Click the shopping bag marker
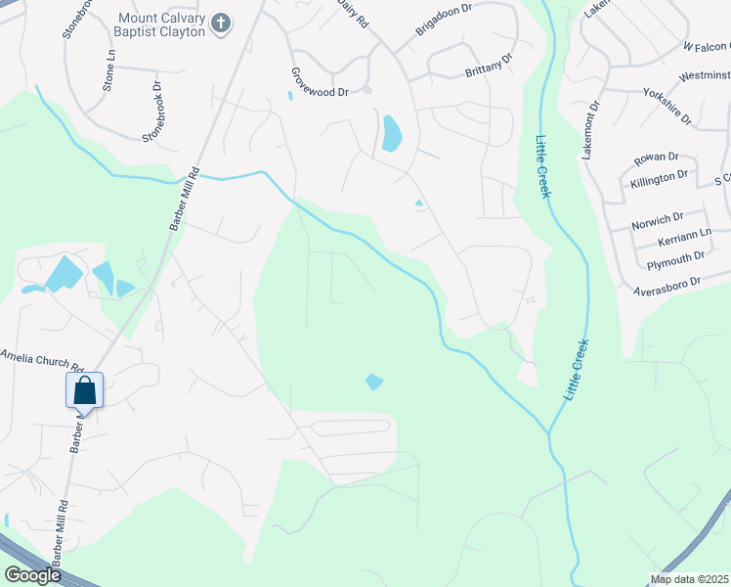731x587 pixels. click(85, 391)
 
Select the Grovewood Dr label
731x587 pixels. click(319, 82)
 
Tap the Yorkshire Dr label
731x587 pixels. click(667, 106)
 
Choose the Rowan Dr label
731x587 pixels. click(656, 158)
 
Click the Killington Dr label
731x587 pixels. click(660, 178)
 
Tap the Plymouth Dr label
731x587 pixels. click(670, 258)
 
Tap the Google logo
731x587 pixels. click(31, 575)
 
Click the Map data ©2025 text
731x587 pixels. click(690, 579)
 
